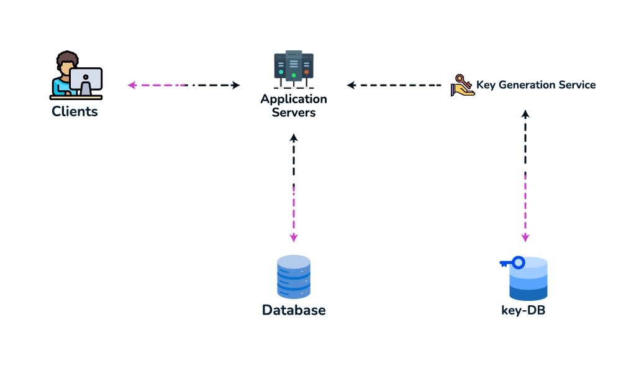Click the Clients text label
(x=75, y=111)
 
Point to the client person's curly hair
(x=67, y=59)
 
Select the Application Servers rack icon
(x=294, y=70)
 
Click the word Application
(x=294, y=99)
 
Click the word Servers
(x=294, y=113)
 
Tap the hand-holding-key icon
(x=462, y=85)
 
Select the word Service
(x=576, y=85)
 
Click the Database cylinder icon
(x=294, y=277)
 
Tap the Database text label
(x=294, y=310)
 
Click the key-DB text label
(x=523, y=310)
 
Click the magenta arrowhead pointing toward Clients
(x=132, y=85)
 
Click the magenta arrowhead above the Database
(x=294, y=237)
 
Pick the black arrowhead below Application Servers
(x=294, y=138)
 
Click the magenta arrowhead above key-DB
(x=525, y=237)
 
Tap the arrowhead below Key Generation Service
(x=525, y=114)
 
